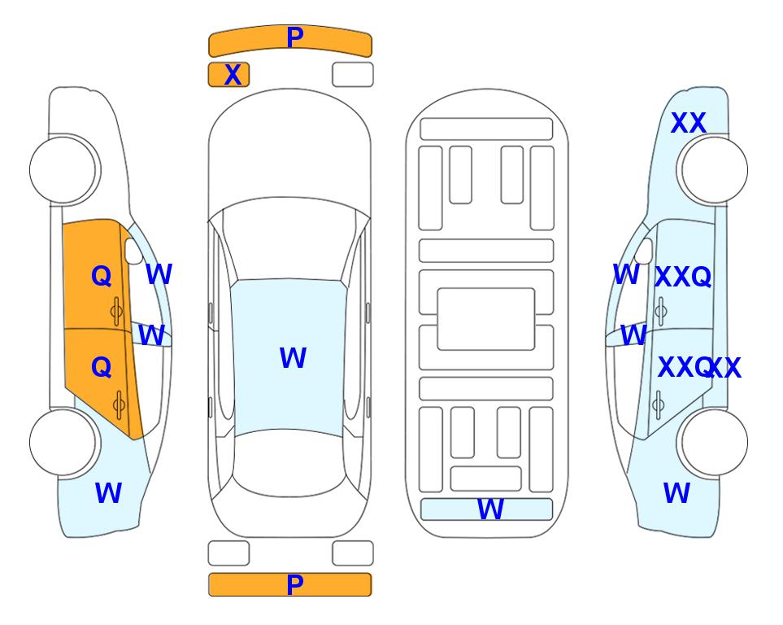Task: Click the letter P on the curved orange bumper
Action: [295, 37]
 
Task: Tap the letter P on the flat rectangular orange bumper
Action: [295, 584]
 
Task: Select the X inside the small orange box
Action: [233, 75]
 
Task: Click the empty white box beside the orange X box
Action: [353, 75]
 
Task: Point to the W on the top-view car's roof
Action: [293, 357]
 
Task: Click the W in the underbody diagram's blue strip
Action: [490, 509]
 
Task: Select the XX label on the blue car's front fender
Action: [688, 123]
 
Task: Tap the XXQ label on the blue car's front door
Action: [683, 277]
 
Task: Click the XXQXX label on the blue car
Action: [699, 368]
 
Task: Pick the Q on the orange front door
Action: [102, 276]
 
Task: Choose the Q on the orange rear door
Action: [102, 368]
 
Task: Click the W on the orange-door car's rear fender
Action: [108, 493]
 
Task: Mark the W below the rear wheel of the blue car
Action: [676, 493]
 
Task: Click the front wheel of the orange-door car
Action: [63, 170]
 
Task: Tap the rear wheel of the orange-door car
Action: [63, 442]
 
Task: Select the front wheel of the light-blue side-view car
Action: [715, 170]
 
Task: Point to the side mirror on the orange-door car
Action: [133, 251]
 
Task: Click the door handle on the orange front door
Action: [117, 311]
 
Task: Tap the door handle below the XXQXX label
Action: [659, 404]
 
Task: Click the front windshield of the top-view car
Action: [289, 239]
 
